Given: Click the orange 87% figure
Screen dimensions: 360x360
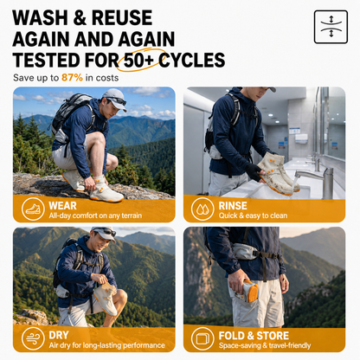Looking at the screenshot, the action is (x=72, y=78).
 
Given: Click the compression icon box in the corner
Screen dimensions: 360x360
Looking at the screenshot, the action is (x=331, y=27).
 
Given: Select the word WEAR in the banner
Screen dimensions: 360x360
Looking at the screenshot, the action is (x=62, y=206).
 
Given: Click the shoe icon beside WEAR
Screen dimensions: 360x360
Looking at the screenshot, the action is (x=33, y=209).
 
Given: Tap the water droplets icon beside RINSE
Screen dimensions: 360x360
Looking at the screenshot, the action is (x=202, y=209).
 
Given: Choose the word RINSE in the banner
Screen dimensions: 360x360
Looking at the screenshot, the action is (x=233, y=206).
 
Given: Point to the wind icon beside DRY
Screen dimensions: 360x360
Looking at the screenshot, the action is (x=33, y=338).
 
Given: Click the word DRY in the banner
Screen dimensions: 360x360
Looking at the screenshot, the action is (x=59, y=335).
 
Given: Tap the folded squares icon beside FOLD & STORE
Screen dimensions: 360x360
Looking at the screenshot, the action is (x=202, y=338).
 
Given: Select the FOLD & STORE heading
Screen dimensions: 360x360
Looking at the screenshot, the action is (x=254, y=336).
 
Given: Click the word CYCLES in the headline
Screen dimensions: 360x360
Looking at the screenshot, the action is (x=192, y=61).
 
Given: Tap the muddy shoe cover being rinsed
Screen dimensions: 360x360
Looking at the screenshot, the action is (x=276, y=174).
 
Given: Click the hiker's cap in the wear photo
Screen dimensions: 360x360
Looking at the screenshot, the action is (x=115, y=98).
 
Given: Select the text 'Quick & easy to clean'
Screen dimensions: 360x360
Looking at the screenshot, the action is (x=253, y=215).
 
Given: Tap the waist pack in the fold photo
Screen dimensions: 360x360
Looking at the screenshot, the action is (x=245, y=251).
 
